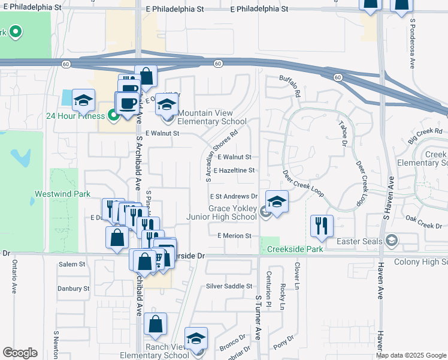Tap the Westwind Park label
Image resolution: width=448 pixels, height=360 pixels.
tap(62, 194)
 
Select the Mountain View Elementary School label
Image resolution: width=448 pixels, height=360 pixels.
tap(212, 117)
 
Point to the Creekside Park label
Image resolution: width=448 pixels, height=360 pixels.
tap(295, 249)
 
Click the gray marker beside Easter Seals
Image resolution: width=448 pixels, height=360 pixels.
tap(391, 241)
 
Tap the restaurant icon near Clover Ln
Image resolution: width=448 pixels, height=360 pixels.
tap(321, 226)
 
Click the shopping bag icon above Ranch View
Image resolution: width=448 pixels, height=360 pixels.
tap(155, 325)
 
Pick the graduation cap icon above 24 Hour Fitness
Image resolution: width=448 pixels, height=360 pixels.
tap(84, 100)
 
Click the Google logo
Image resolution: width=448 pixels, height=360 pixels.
tap(20, 353)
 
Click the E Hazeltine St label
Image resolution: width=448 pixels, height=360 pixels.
tap(234, 170)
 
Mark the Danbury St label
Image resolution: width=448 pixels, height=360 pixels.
tap(73, 289)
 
